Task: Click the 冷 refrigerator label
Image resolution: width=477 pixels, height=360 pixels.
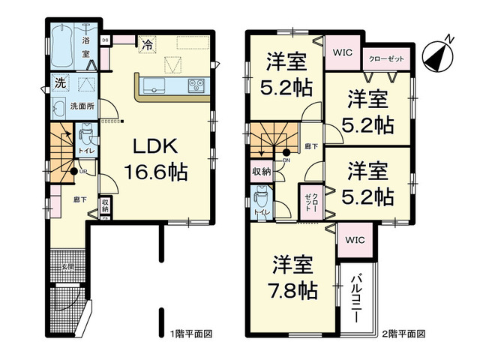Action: [149, 44]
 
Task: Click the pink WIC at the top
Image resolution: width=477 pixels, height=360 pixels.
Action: [343, 52]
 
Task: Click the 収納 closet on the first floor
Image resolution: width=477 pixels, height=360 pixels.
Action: [105, 205]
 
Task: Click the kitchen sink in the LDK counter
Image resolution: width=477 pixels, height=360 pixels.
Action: [157, 84]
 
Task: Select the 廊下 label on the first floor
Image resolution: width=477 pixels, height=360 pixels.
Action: [79, 200]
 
